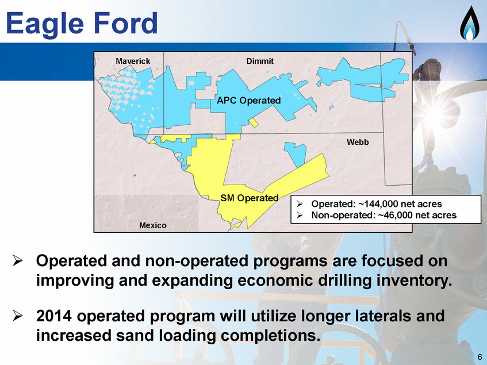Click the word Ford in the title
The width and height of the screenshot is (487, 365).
[x=125, y=22]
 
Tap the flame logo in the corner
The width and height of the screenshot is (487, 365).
[x=469, y=24]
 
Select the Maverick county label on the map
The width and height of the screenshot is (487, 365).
[x=133, y=61]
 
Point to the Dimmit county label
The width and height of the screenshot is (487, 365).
[x=260, y=61]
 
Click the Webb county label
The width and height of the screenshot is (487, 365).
[x=358, y=142]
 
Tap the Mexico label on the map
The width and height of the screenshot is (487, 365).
[x=152, y=225]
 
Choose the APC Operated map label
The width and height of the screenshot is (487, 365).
[x=249, y=101]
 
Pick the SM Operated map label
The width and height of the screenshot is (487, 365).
[x=250, y=198]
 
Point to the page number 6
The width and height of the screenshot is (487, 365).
[x=480, y=356]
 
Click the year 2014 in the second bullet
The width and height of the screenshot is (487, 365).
[x=53, y=316]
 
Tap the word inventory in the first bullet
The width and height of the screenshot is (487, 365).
[x=415, y=281]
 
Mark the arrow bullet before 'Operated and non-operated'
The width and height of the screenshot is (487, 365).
[x=17, y=261]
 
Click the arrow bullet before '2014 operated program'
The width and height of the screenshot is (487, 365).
[x=17, y=316]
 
